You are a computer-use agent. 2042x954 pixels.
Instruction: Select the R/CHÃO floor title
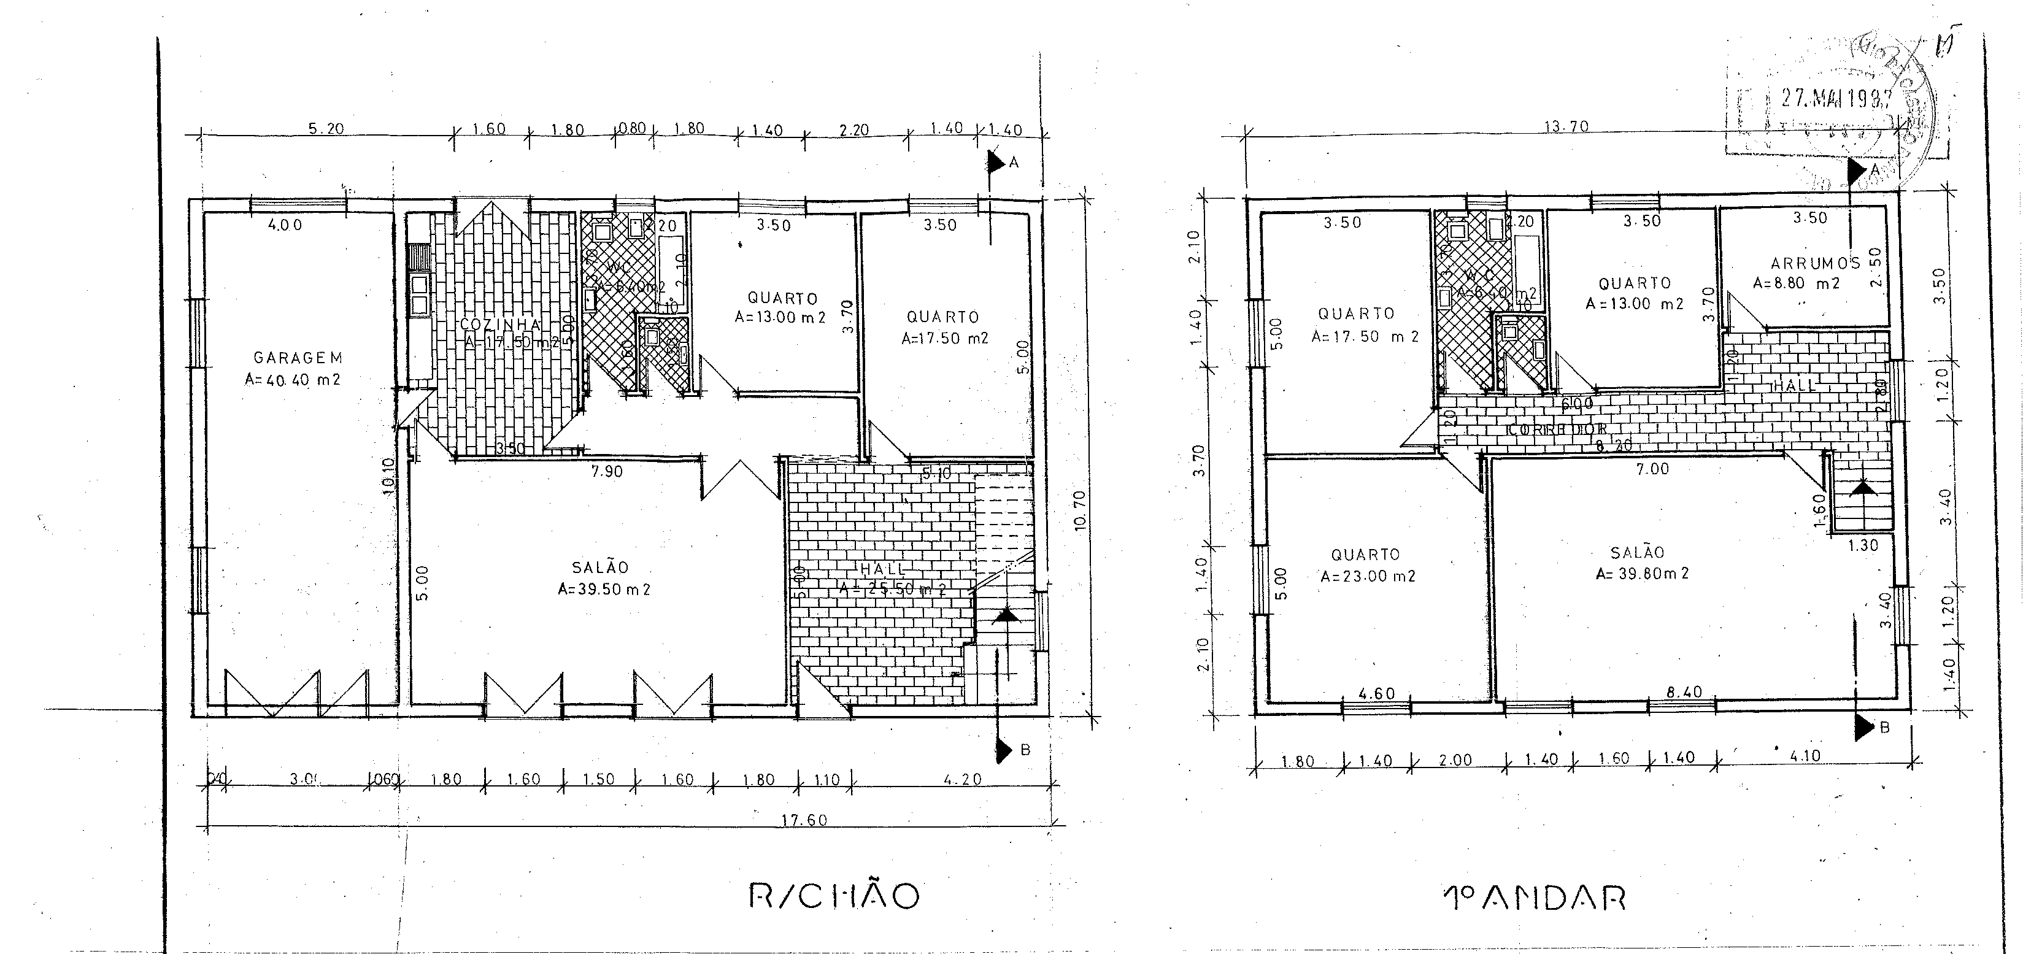834,896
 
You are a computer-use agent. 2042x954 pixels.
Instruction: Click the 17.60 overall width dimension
804,820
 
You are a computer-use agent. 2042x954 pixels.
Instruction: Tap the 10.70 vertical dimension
1079,511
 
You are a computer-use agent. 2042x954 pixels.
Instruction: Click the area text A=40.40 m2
293,380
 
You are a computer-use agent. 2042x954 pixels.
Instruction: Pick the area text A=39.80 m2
1643,574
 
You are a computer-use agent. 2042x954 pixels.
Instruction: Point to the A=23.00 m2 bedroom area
1368,577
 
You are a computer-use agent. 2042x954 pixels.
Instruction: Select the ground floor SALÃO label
600,567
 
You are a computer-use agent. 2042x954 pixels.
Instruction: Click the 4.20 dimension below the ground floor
962,780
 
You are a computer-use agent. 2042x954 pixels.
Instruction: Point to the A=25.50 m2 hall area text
893,590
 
